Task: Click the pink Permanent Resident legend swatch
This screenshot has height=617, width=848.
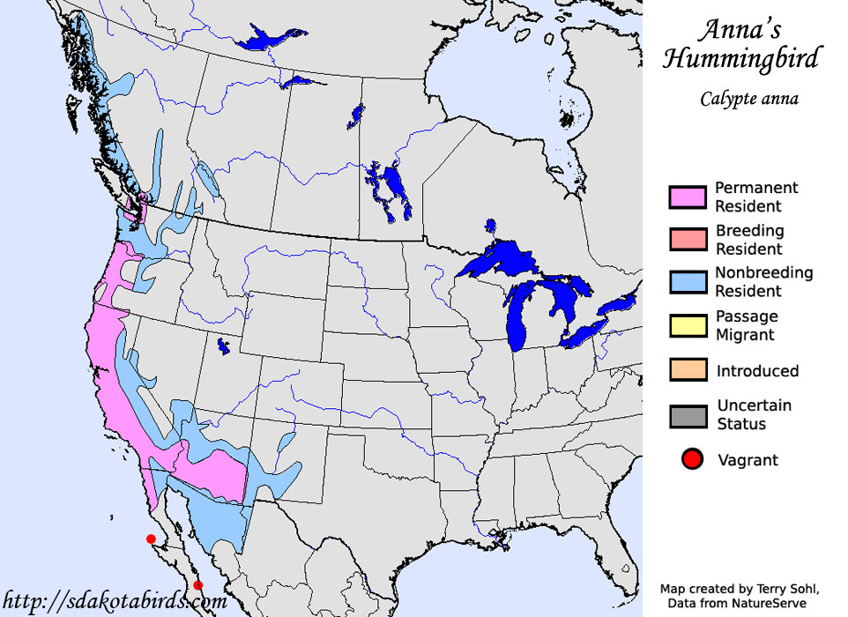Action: point(688,197)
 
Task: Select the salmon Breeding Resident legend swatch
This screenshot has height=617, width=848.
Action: point(688,239)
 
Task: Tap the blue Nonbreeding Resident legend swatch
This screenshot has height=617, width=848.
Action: point(688,281)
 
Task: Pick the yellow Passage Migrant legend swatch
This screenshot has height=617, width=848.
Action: point(688,324)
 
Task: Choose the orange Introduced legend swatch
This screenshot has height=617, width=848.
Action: point(688,370)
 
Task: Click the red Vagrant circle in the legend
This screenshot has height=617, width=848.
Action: point(692,459)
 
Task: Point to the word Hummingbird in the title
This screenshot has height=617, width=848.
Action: point(740,59)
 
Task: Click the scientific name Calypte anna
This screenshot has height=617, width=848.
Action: point(749,98)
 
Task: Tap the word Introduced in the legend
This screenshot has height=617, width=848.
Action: point(757,371)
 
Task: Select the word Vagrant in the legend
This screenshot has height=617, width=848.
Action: point(748,459)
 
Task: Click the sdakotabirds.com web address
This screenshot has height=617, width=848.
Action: point(115,602)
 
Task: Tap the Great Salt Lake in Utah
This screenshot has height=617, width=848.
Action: point(222,347)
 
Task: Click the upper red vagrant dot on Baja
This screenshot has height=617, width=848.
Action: point(151,539)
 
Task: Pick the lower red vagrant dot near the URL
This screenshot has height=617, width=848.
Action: point(197,585)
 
